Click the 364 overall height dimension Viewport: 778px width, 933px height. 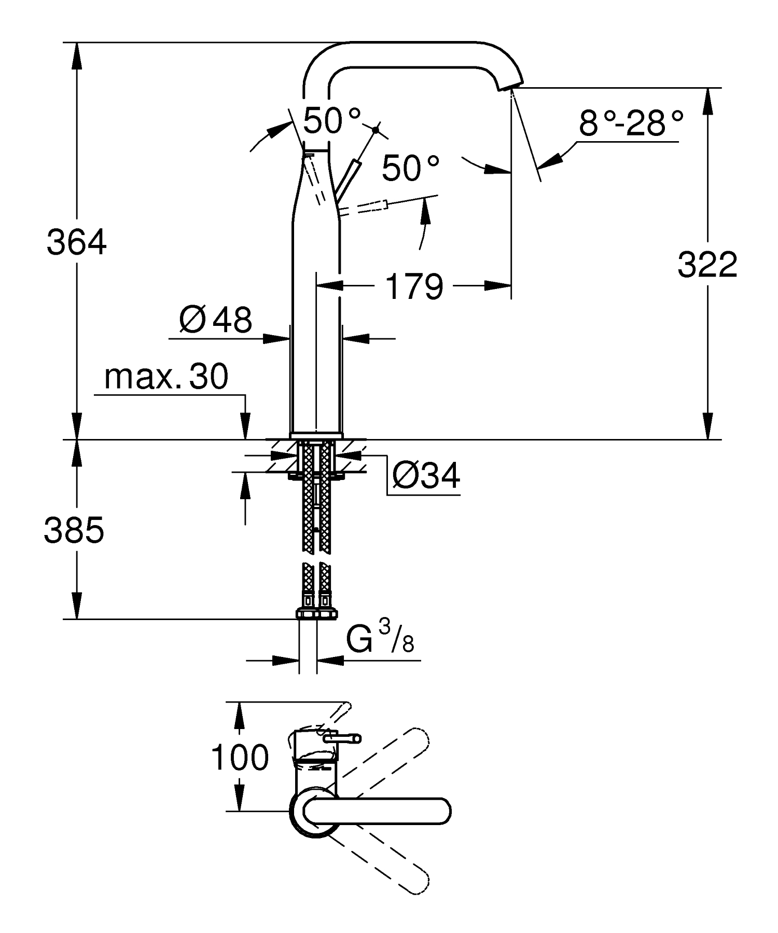pyautogui.click(x=77, y=242)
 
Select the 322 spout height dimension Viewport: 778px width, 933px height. pyautogui.click(x=707, y=265)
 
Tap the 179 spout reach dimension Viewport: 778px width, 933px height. pyautogui.click(x=414, y=286)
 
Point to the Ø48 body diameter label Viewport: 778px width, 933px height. pyautogui.click(x=216, y=320)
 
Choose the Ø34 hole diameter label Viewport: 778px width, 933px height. pyautogui.click(x=426, y=475)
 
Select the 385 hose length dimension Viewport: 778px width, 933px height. pyautogui.click(x=74, y=530)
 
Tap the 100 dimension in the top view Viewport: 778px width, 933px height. pyautogui.click(x=240, y=758)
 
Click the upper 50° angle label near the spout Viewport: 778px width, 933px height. pyautogui.click(x=331, y=120)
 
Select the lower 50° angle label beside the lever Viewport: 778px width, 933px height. pyautogui.click(x=410, y=168)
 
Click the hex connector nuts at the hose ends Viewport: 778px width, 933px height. pyautogui.click(x=316, y=613)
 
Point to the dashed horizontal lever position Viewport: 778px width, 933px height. pyautogui.click(x=366, y=208)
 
